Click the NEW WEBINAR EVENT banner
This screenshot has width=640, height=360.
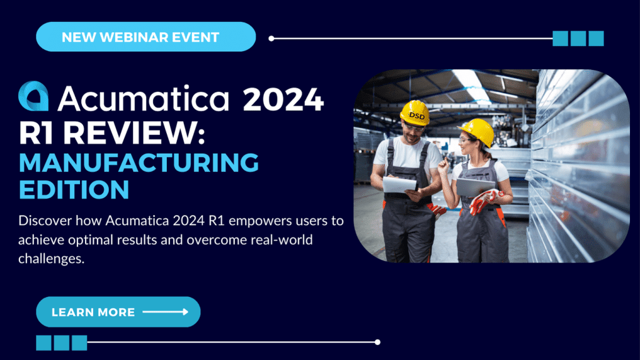146,37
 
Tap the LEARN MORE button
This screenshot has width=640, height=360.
118,312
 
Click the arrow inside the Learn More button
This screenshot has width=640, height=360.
165,312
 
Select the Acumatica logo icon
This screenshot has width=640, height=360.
34,96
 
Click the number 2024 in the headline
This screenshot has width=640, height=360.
283,99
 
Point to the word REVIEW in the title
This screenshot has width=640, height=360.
134,132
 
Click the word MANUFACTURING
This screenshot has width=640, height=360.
139,162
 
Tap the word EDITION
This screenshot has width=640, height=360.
74,189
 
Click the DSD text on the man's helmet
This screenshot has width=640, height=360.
417,116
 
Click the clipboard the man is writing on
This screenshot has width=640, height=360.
399,185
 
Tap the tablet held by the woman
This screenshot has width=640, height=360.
474,187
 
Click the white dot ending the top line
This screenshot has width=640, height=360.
271,38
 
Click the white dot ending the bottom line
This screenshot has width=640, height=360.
377,342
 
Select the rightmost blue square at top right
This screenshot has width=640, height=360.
596,38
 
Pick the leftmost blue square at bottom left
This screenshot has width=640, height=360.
44,343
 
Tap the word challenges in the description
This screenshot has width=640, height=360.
51,259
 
